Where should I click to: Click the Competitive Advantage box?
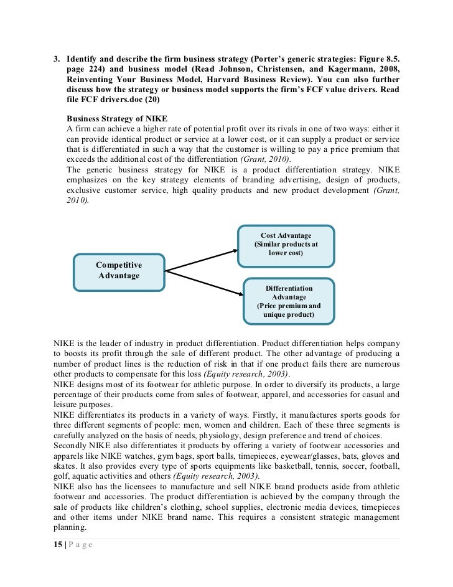(119, 271)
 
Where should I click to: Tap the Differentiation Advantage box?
(288, 301)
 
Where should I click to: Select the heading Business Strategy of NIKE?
(117, 118)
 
